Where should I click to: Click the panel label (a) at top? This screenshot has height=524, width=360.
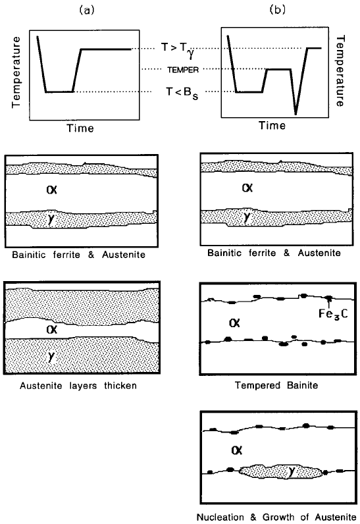(87, 11)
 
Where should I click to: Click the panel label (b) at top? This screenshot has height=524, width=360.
(278, 10)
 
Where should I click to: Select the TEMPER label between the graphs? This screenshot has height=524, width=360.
(183, 70)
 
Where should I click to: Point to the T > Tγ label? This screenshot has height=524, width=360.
(177, 50)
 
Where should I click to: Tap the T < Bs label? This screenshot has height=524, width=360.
(182, 93)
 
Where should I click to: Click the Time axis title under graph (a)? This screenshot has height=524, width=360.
(80, 128)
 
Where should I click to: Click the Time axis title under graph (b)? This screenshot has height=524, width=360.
(272, 126)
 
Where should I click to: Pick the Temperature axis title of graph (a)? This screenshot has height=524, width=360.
(16, 72)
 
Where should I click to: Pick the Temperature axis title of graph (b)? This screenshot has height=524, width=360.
(340, 71)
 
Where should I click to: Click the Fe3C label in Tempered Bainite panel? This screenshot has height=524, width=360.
(333, 314)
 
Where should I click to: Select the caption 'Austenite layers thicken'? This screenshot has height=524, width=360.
(78, 386)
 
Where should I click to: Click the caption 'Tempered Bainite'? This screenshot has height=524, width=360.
(276, 385)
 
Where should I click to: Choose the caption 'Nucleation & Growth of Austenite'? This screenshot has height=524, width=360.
(276, 517)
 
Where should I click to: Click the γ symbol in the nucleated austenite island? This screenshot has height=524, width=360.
(292, 471)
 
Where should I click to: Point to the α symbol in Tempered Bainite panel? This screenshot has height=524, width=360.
(234, 323)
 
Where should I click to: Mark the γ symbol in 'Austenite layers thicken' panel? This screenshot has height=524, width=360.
(51, 357)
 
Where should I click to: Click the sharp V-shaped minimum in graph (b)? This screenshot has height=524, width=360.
(296, 114)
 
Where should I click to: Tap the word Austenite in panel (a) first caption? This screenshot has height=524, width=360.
(124, 255)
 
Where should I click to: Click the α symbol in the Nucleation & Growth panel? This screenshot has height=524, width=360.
(236, 450)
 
